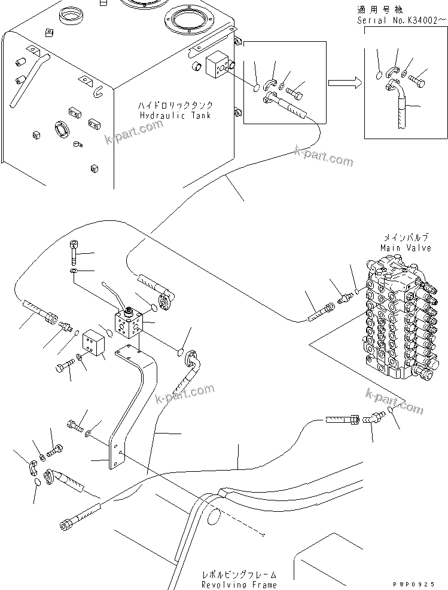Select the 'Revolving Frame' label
click(239, 585)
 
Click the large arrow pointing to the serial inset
click(346, 84)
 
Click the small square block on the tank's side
click(215, 67)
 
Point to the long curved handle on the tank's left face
click(31, 77)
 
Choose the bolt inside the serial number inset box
click(420, 78)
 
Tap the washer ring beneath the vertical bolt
click(72, 272)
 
